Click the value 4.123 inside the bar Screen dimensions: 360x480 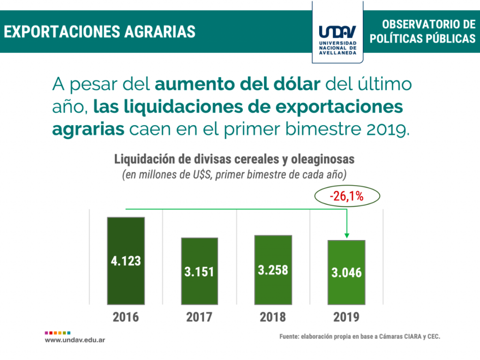[126, 261]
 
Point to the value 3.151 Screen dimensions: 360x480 [200, 271]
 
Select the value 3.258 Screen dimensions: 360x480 [273, 270]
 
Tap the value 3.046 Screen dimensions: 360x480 [346, 272]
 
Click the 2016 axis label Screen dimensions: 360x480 [126, 317]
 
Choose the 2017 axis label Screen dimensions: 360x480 [199, 317]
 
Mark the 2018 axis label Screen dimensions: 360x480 [273, 317]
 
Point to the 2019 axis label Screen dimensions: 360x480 [346, 317]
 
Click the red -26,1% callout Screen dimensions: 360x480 [346, 196]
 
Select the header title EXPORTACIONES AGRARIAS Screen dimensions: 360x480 [100, 31]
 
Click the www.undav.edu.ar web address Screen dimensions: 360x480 [75, 339]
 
